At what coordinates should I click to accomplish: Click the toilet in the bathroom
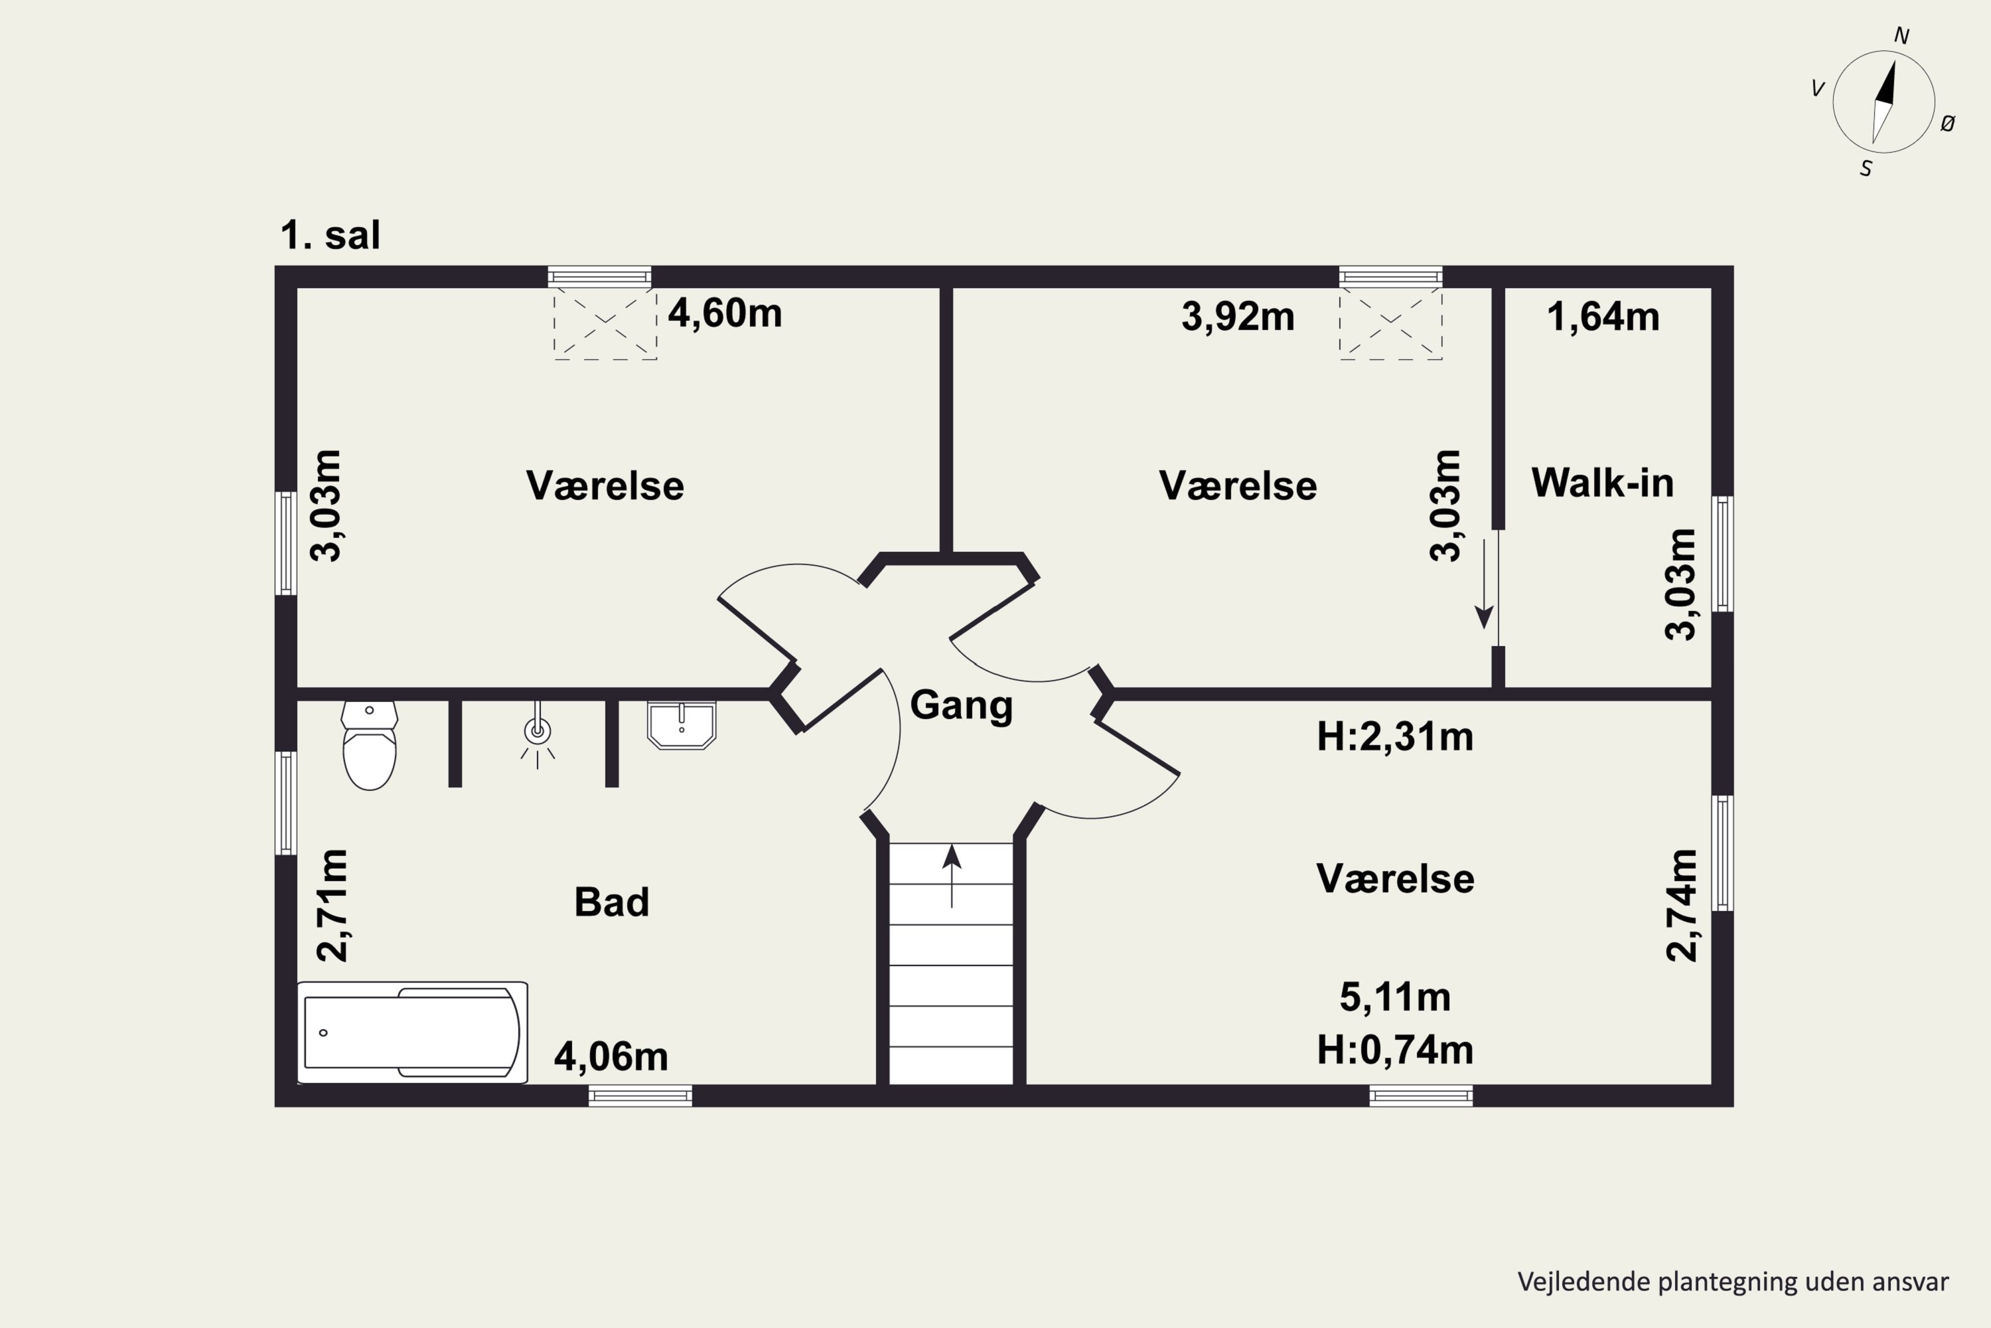tap(369, 745)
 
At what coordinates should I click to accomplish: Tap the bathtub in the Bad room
tap(412, 1033)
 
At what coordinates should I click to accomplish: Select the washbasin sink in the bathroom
tap(682, 725)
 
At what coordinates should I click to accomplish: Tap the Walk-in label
tap(1603, 483)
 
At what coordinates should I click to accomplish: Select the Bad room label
tap(611, 902)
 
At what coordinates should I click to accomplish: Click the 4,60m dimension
tap(725, 313)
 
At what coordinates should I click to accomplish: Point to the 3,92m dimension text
tap(1238, 317)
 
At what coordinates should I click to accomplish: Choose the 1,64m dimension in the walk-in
tap(1603, 317)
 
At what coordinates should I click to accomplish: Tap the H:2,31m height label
tap(1395, 737)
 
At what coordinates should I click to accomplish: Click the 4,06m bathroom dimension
tap(611, 1057)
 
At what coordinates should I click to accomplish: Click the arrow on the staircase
tap(952, 876)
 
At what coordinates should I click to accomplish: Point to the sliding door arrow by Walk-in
tap(1484, 584)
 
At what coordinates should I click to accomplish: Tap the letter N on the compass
tap(1901, 36)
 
